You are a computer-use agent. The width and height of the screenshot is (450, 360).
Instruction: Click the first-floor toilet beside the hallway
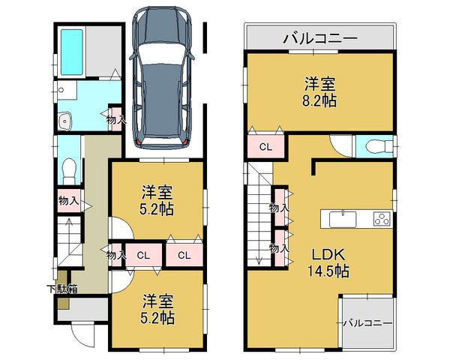point(69,169)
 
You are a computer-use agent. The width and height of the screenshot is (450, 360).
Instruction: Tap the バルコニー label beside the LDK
point(368,323)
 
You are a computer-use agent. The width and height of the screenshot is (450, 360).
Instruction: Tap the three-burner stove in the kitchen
point(379,220)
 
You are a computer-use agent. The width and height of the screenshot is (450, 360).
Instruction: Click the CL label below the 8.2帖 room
point(265,147)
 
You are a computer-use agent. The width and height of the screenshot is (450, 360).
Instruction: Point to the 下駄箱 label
point(62,288)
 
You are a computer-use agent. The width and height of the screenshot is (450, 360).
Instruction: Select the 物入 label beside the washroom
point(115,119)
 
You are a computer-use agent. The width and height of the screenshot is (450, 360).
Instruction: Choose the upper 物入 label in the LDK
point(279,208)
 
